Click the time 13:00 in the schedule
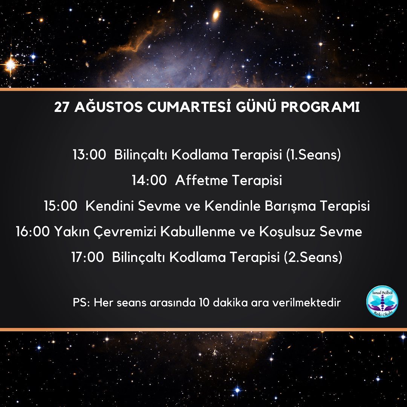tap(89, 155)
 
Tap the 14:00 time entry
tap(149, 180)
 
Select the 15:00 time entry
tap(60, 206)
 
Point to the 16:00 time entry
tap(33, 231)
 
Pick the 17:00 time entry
tap(87, 257)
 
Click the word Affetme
tap(201, 180)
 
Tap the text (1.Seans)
tap(313, 155)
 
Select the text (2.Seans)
tap(313, 257)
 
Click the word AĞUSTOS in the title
tap(109, 106)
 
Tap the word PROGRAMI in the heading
tap(320, 107)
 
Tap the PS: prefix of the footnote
tap(81, 303)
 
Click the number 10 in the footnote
tap(204, 303)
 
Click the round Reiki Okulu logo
tap(382, 301)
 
